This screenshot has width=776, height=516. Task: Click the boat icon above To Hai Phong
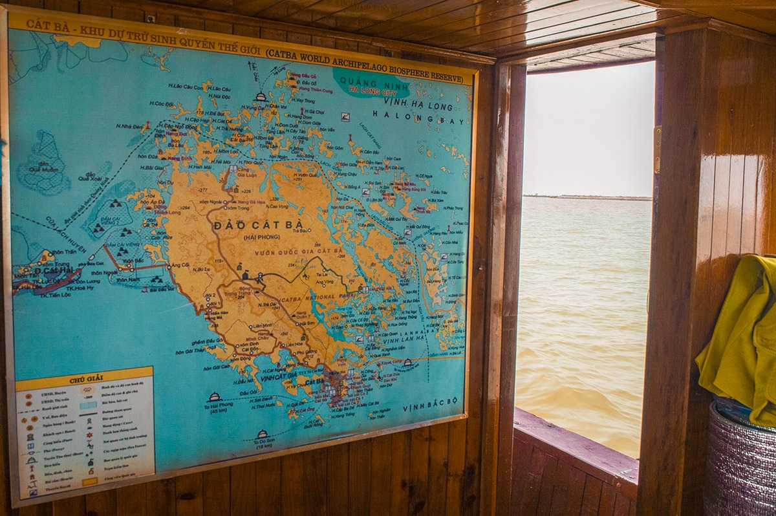[x=214, y=396]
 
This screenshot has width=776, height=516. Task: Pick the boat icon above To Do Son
[x=262, y=434]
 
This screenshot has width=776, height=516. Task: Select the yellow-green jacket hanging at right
[x=741, y=336]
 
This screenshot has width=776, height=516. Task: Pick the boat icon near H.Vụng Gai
[x=261, y=96]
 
